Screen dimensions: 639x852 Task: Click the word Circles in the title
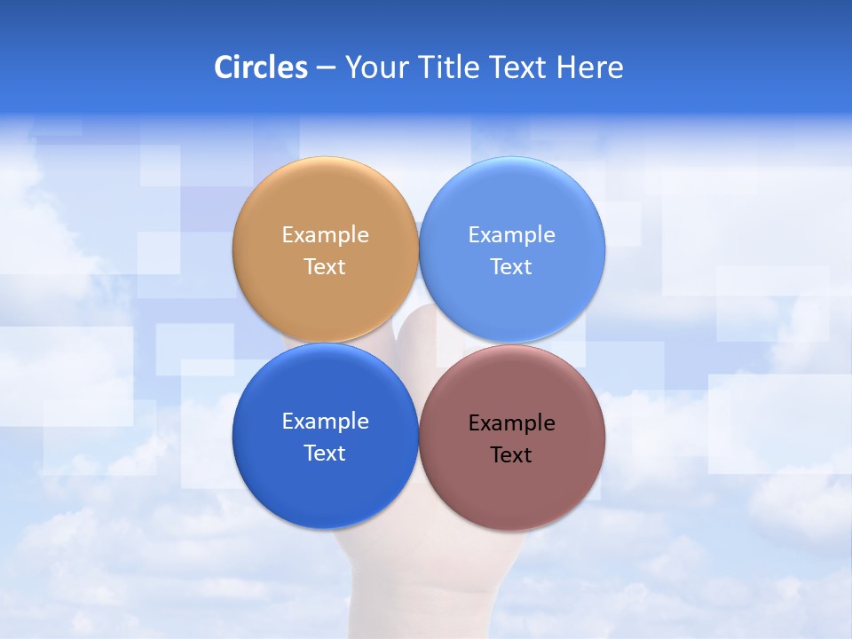(260, 67)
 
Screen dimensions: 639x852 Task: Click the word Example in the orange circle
(325, 235)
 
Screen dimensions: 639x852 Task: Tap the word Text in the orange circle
(325, 267)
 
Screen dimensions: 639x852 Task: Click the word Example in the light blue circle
(511, 235)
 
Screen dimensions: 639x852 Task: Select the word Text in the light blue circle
(511, 267)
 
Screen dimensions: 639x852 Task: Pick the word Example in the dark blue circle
(325, 422)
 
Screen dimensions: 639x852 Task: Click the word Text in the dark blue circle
(325, 454)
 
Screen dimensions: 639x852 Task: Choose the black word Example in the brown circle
(511, 423)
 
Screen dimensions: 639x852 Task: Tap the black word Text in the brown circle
(511, 455)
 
